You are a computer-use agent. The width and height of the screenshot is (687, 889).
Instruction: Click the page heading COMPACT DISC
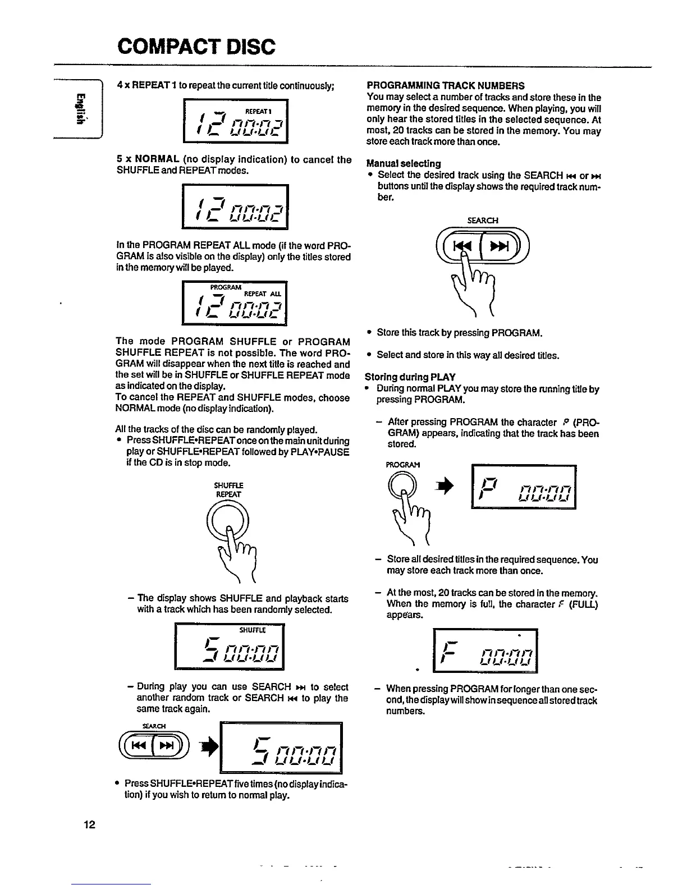[196, 46]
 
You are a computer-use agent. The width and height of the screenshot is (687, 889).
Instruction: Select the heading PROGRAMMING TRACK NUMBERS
[445, 86]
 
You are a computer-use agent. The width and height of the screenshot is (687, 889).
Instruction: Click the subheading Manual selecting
[404, 163]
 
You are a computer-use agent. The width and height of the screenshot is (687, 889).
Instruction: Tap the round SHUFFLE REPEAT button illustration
[227, 519]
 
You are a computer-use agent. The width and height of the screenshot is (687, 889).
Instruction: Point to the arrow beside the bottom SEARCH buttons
[212, 747]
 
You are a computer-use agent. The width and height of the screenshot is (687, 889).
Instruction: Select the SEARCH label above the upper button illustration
[482, 221]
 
